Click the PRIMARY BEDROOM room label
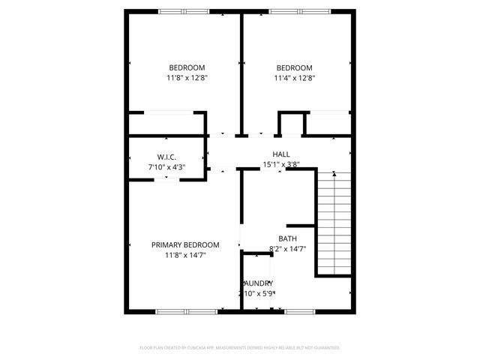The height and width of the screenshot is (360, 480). [185, 245]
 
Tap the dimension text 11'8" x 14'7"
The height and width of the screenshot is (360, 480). [185, 256]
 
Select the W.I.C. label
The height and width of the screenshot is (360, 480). [166, 157]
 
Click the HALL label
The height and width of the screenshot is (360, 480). [281, 154]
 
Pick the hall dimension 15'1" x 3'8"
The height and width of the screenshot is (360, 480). [281, 164]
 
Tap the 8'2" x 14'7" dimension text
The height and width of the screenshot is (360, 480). [287, 248]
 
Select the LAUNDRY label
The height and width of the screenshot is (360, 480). [257, 283]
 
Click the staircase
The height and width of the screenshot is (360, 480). [333, 223]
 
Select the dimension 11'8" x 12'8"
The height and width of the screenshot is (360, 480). [187, 77]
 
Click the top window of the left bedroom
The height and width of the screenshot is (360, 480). [184, 11]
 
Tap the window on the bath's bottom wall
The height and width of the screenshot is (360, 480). [298, 311]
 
